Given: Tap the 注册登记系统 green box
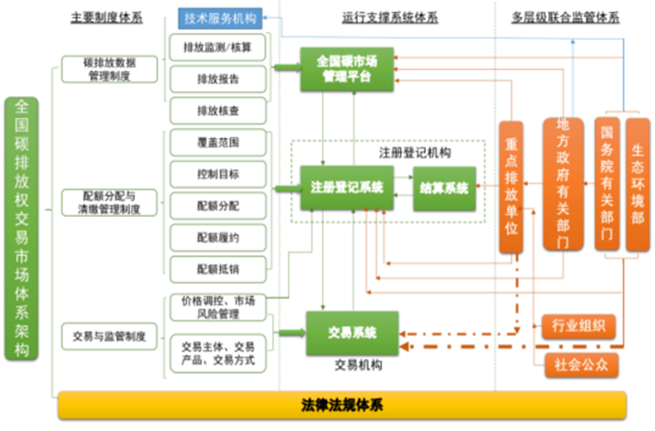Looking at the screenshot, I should point(347,188).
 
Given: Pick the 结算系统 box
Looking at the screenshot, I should point(444,188).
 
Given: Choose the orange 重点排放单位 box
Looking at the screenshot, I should point(511,187).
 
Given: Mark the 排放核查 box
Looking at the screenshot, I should point(218,110).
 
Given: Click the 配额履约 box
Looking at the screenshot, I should point(218,237).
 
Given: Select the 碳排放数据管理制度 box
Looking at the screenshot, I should point(109,69).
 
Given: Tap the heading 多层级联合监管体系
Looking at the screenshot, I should point(565,16).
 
